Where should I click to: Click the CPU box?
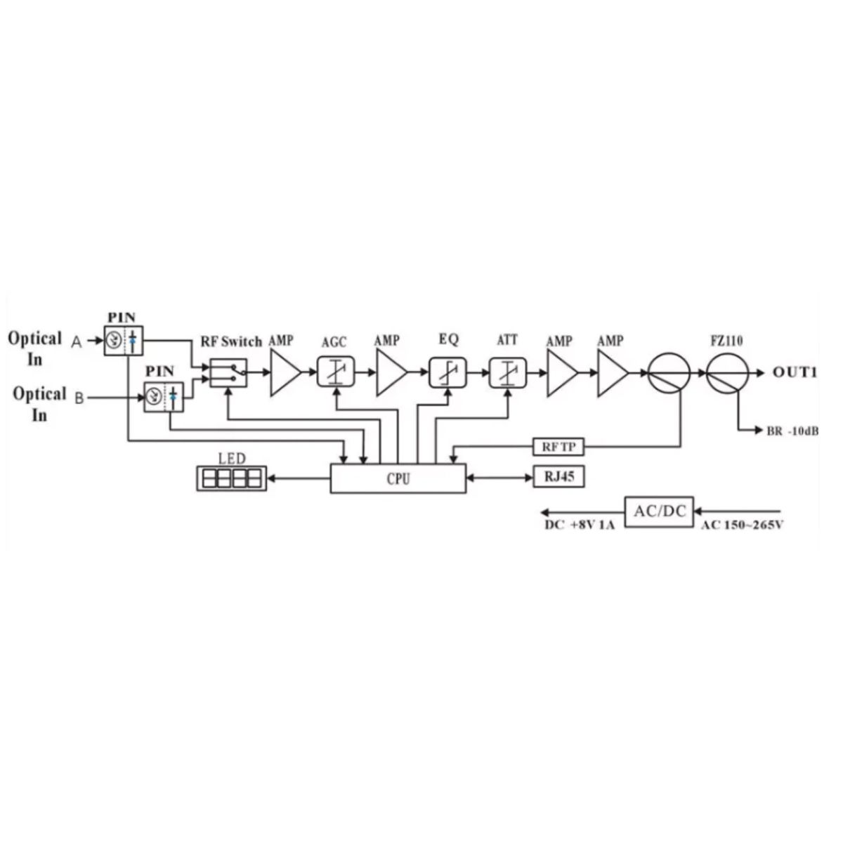[398, 479]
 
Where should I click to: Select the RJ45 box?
[559, 478]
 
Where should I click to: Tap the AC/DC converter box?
[659, 511]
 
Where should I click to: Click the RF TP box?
[558, 446]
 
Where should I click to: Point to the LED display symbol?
[231, 479]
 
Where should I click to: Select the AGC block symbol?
[336, 372]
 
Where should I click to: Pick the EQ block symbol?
[447, 372]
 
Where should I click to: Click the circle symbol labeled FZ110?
[726, 373]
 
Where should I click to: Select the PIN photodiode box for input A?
[124, 341]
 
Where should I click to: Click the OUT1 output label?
[795, 373]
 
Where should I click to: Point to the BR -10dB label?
[792, 431]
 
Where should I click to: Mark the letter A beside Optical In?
[77, 341]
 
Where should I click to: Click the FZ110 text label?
[727, 342]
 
